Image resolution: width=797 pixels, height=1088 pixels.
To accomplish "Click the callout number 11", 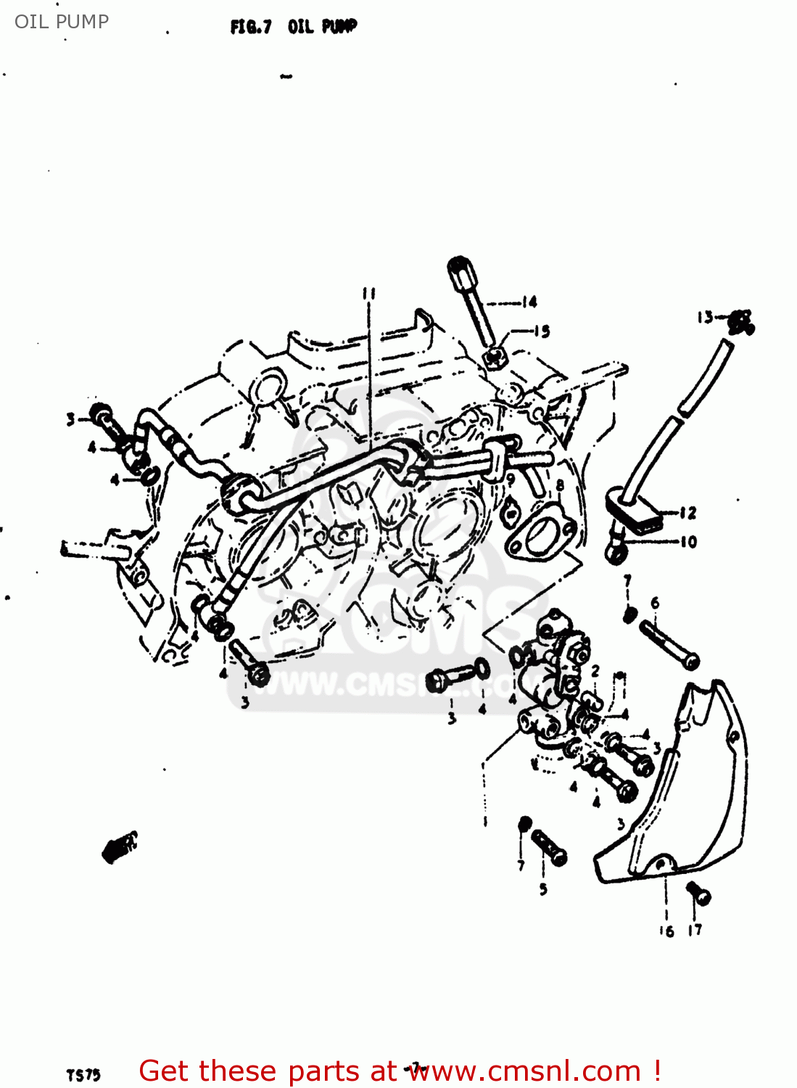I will (x=369, y=293).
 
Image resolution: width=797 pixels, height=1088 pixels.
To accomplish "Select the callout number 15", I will (x=541, y=331).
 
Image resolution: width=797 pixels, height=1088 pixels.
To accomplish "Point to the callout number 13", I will (x=705, y=317).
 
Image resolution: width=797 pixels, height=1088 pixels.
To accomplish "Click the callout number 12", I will (x=687, y=513).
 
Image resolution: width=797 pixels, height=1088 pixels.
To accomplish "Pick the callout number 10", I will (x=687, y=541).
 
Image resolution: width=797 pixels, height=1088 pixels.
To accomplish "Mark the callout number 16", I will (x=666, y=931).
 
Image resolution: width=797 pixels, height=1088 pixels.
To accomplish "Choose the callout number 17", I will (x=695, y=930).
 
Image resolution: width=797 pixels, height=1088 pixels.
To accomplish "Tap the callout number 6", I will (x=655, y=603).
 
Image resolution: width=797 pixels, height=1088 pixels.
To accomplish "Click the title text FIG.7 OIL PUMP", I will (x=294, y=27).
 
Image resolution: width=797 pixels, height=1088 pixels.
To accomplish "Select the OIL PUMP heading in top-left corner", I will (x=62, y=22).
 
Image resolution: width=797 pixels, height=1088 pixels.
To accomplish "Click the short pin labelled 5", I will (x=549, y=847).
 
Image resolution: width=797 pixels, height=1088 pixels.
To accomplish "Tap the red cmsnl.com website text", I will (x=399, y=1071).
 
